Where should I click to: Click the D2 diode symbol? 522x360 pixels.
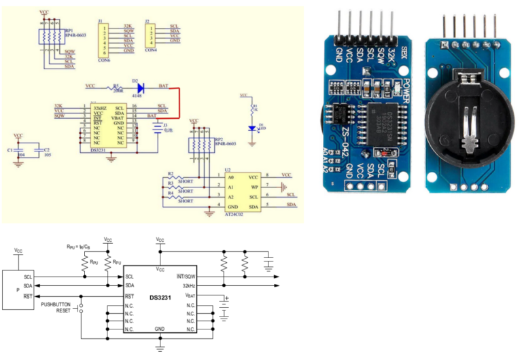(x=140, y=87)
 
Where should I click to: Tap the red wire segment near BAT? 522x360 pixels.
(x=178, y=102)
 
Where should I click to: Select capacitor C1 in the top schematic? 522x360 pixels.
(x=18, y=149)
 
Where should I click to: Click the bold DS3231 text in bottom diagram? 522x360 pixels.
(x=160, y=298)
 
